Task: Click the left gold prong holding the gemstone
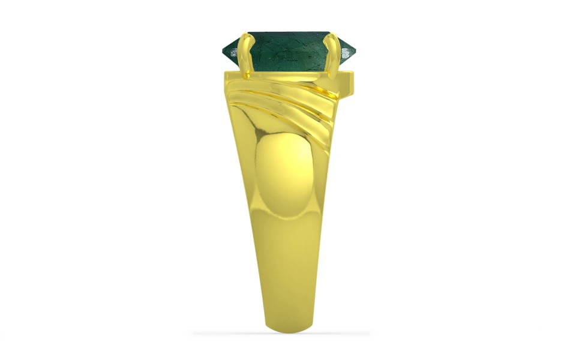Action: click(x=244, y=51)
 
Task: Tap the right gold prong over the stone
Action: click(x=332, y=51)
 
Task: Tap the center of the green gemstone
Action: click(x=288, y=51)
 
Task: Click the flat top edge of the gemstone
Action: click(x=288, y=32)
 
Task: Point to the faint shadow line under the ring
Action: click(x=282, y=333)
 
